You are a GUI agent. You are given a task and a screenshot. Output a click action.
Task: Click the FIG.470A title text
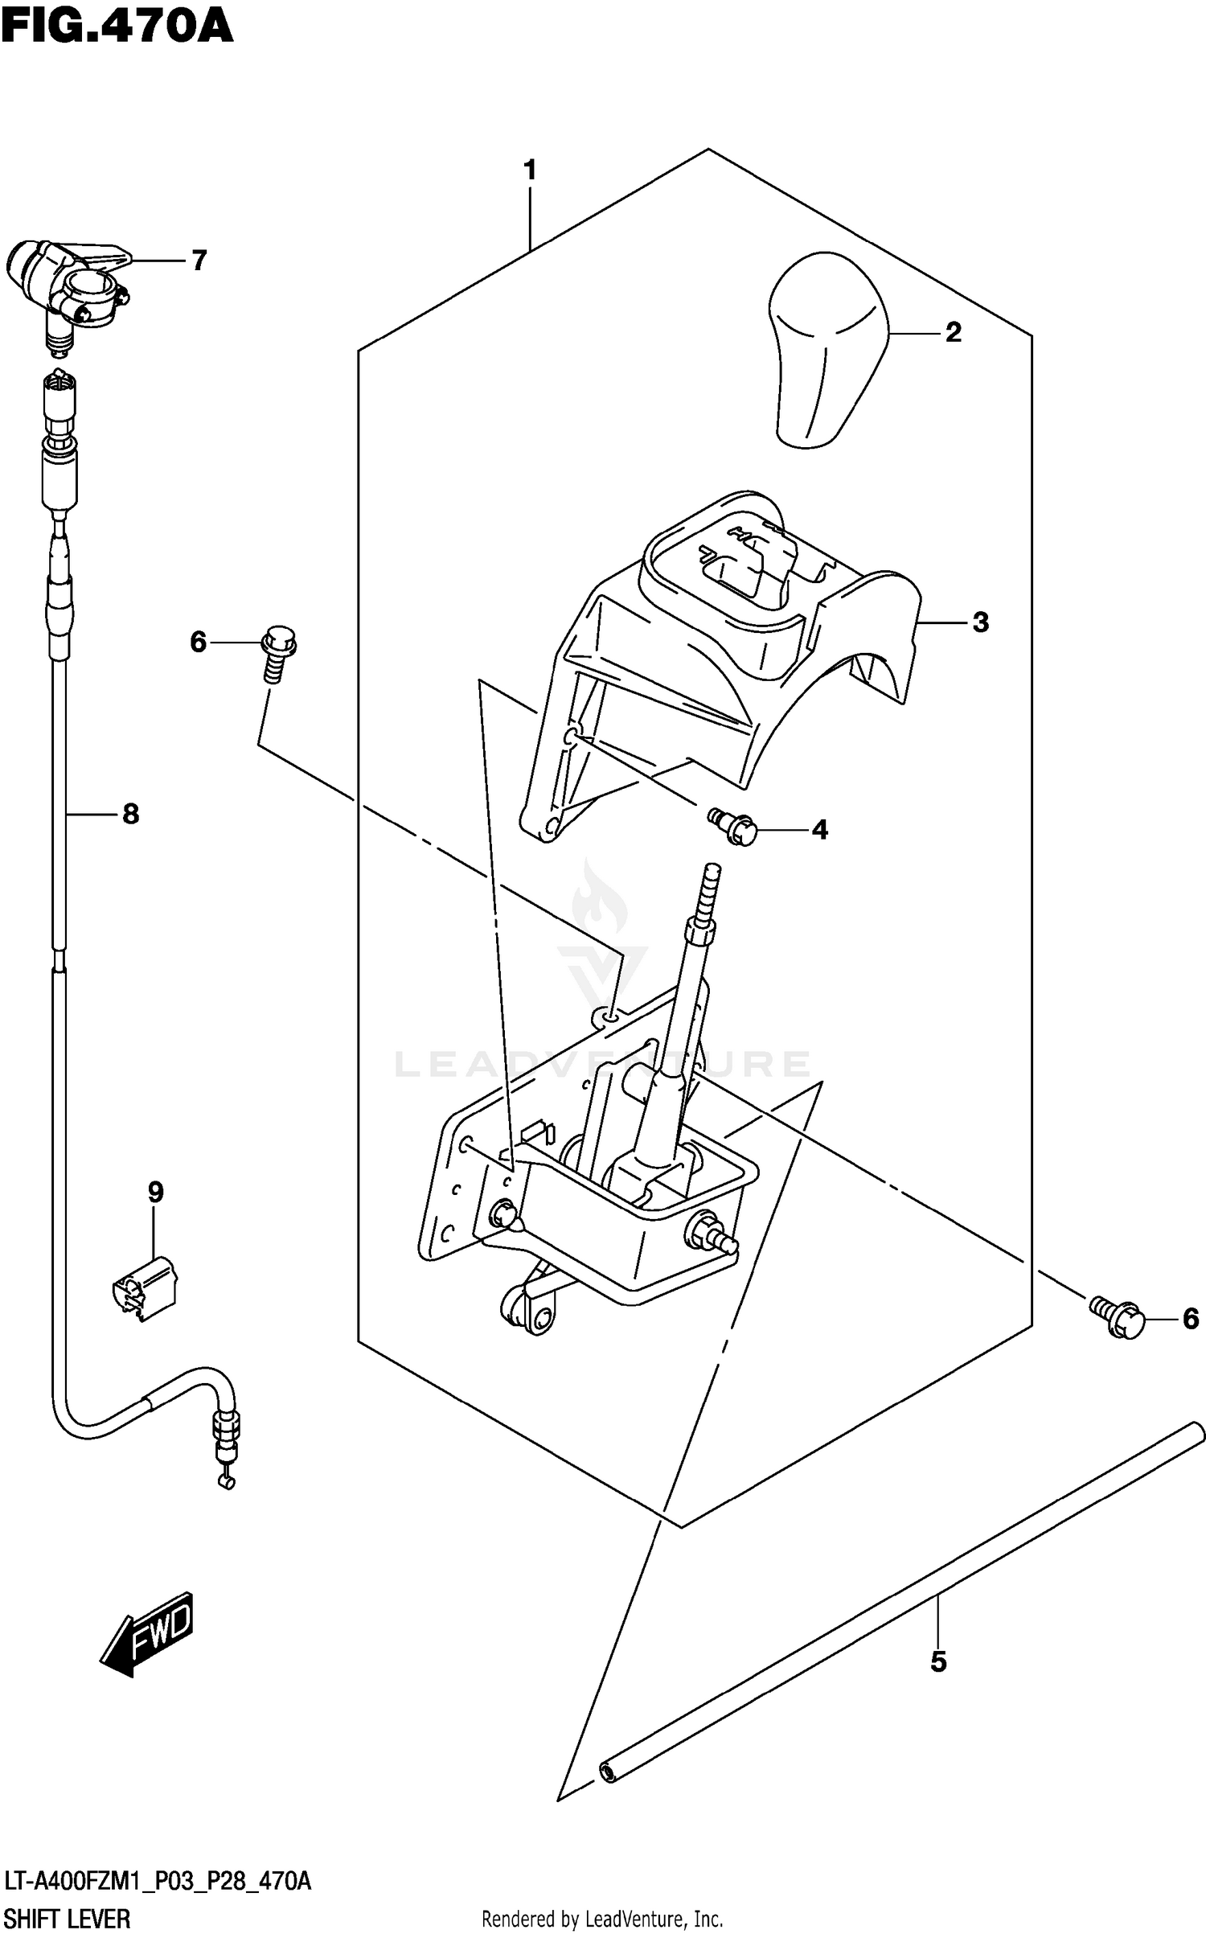point(117,26)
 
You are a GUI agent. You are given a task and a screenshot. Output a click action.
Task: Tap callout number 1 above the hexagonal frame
point(529,170)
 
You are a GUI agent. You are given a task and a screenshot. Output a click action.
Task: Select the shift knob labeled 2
point(828,348)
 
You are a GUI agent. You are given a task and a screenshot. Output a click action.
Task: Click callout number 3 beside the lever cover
point(980,622)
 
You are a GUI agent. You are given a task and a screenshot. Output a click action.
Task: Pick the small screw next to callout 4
point(734,827)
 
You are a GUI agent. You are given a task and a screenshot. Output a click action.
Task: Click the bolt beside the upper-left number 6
point(277,655)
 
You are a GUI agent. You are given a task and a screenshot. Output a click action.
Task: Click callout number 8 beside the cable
point(130,815)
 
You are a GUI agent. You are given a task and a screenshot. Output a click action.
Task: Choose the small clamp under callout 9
point(146,1290)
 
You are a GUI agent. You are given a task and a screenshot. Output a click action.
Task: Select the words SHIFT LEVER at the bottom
point(67,1920)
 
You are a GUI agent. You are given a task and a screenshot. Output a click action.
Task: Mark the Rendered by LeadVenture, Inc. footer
point(601,1920)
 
